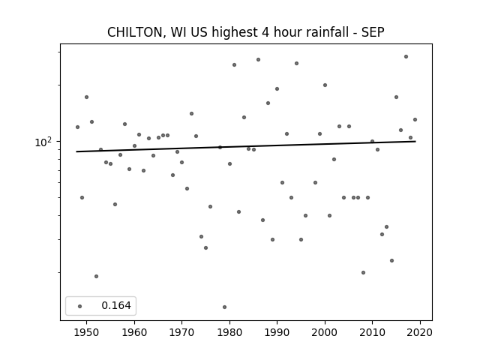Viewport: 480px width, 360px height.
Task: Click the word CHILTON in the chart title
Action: (135, 32)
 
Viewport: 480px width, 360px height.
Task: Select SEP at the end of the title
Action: (373, 32)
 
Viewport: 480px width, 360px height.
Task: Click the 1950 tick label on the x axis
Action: (87, 332)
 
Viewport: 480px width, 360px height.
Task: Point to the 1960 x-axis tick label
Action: (134, 332)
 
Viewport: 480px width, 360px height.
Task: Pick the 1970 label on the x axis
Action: (181, 332)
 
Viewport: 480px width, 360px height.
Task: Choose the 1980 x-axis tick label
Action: (229, 332)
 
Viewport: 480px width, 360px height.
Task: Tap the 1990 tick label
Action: (277, 332)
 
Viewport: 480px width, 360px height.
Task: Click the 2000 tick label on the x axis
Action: (325, 332)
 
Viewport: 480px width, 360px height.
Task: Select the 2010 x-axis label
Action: (372, 332)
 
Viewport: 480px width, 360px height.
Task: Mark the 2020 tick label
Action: (420, 332)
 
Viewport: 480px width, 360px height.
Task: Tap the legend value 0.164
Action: (116, 305)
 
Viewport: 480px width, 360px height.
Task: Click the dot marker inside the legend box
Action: (80, 306)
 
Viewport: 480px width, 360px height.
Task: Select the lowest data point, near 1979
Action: (225, 307)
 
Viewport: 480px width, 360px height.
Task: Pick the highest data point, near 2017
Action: (406, 57)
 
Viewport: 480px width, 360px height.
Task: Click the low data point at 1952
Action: (97, 277)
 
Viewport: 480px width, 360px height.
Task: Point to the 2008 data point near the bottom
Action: (363, 272)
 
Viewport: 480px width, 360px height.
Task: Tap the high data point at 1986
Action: (258, 60)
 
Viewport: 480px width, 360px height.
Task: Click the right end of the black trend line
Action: (415, 142)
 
